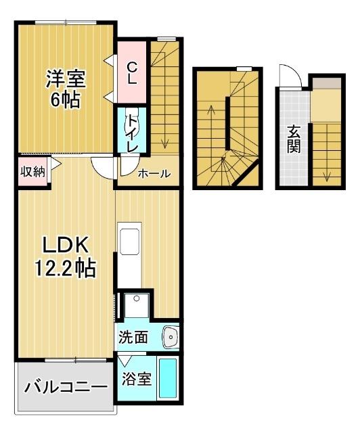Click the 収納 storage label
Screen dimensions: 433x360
[x=31, y=172]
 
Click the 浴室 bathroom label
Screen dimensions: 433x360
[x=136, y=379]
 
